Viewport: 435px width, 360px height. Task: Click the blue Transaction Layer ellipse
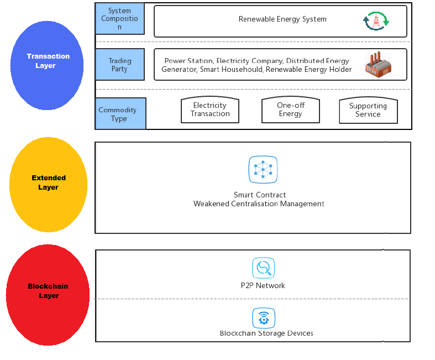point(47,65)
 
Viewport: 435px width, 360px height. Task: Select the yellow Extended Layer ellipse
point(48,184)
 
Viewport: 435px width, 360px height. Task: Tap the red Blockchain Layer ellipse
point(48,295)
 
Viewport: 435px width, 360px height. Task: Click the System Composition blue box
point(119,19)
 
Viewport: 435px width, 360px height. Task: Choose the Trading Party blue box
point(119,64)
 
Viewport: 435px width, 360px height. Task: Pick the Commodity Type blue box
point(120,113)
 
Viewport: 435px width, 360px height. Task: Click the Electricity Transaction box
point(210,109)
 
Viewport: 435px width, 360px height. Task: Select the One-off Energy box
point(291,109)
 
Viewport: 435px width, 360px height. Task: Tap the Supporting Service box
point(368,110)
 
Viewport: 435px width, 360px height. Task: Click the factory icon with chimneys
point(378,64)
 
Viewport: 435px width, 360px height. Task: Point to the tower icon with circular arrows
point(376,21)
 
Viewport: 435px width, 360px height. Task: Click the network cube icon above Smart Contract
point(263,169)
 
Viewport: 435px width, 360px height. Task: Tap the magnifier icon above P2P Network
point(263,268)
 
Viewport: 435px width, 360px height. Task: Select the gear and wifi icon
point(264,318)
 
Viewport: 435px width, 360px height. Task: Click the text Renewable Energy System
point(282,19)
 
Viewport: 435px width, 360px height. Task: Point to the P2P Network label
point(263,285)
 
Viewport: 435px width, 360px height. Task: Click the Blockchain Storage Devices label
point(266,333)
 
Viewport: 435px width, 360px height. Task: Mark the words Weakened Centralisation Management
point(259,204)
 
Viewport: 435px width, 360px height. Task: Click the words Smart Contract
point(260,195)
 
